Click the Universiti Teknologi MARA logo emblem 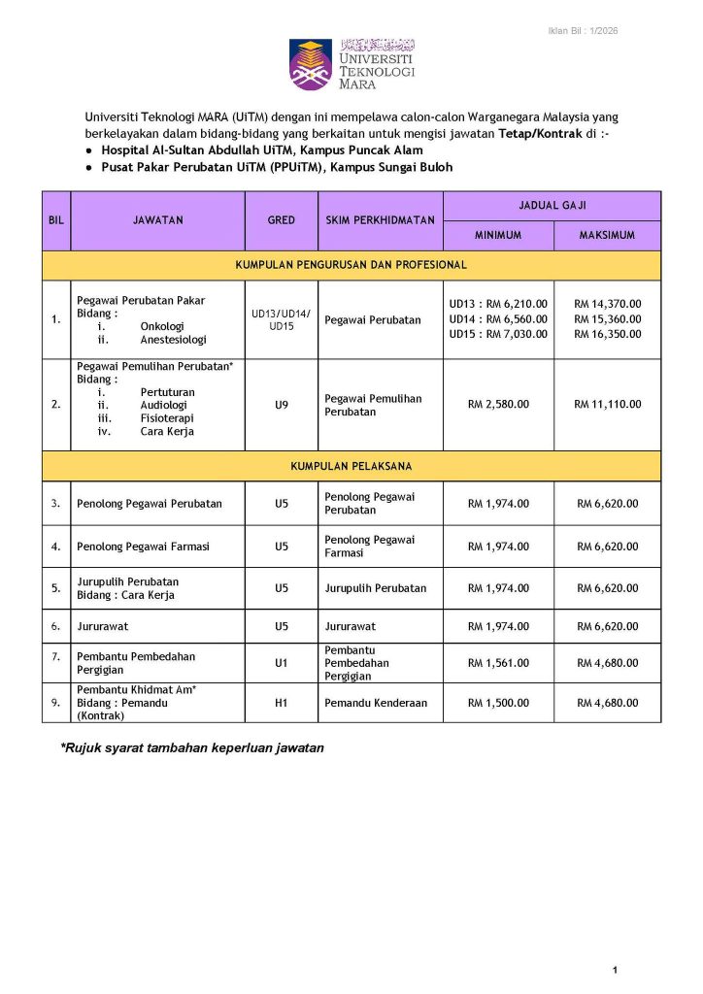(311, 64)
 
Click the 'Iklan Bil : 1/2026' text (582, 31)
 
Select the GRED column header (281, 220)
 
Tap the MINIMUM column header (498, 236)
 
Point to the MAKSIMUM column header (607, 236)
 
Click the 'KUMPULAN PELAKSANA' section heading (351, 467)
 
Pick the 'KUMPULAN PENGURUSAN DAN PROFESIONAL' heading (351, 265)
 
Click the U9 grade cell (281, 405)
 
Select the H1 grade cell (281, 703)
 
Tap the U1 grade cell (281, 663)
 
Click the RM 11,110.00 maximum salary (607, 405)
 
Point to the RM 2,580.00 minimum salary (498, 405)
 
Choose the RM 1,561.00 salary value (498, 663)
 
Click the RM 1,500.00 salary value (498, 703)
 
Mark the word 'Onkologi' (162, 327)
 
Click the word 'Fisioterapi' (167, 418)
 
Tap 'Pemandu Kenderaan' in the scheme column (376, 703)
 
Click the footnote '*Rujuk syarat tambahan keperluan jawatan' (192, 747)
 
